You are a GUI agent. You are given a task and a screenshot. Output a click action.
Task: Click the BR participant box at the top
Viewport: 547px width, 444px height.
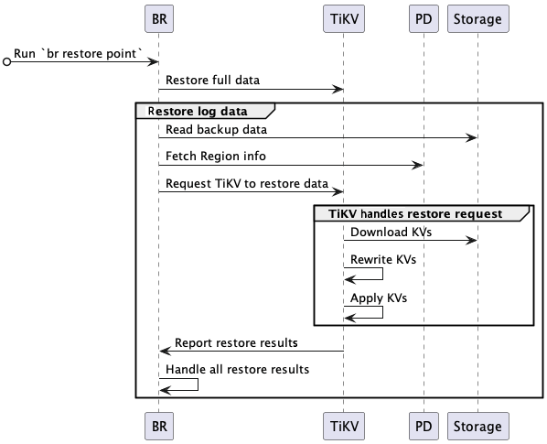(158, 18)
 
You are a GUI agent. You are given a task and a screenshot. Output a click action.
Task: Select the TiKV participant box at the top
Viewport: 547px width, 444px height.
(343, 18)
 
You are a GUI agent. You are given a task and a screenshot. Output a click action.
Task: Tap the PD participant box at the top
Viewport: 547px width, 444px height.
(423, 18)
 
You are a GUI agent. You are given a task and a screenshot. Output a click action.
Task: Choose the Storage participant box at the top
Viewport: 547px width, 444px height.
(477, 18)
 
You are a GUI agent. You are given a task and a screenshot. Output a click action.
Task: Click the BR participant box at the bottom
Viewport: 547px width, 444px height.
(158, 426)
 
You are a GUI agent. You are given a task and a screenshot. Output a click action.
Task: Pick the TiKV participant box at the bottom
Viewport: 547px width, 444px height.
(343, 426)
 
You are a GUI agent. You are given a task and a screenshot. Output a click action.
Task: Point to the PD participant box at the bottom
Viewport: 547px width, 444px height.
(423, 426)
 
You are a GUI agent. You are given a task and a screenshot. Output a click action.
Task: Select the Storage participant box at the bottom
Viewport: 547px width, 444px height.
(477, 426)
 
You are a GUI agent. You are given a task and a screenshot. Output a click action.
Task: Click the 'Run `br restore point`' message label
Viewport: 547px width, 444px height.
(79, 54)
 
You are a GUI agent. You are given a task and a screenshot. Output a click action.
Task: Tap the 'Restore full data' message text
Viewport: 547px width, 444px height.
(212, 80)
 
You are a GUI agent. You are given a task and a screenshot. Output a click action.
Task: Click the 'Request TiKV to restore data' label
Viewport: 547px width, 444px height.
(247, 183)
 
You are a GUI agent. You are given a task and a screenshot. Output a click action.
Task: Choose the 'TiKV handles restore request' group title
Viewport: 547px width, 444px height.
(421, 213)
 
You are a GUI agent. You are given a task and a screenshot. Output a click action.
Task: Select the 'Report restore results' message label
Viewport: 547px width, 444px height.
(236, 343)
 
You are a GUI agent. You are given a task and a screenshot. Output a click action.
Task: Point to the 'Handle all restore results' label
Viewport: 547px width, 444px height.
(237, 370)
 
